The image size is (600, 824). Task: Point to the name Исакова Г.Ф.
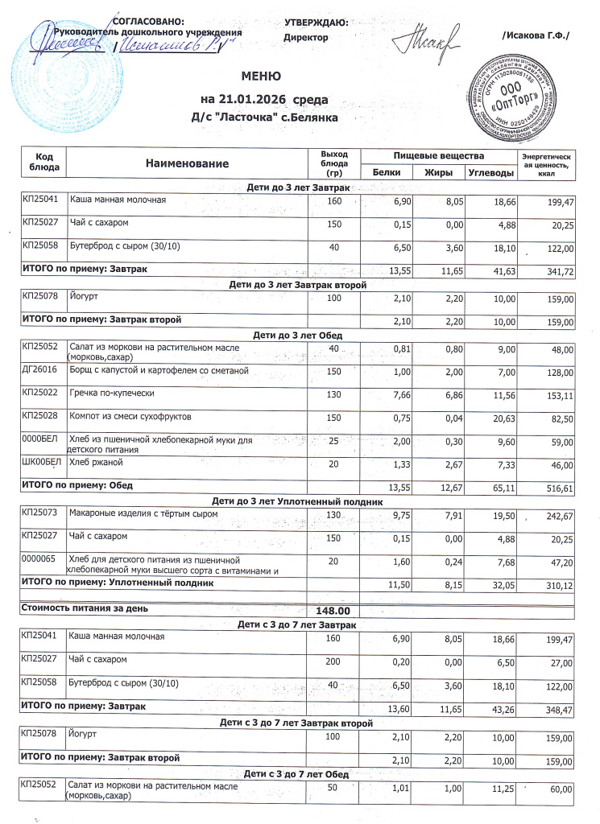(535, 35)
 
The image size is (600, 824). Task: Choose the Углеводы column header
(491, 173)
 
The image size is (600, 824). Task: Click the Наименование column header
(188, 163)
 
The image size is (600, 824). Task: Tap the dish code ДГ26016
(39, 370)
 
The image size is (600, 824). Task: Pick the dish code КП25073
(39, 512)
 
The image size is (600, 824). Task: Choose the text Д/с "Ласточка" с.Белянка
(264, 117)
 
